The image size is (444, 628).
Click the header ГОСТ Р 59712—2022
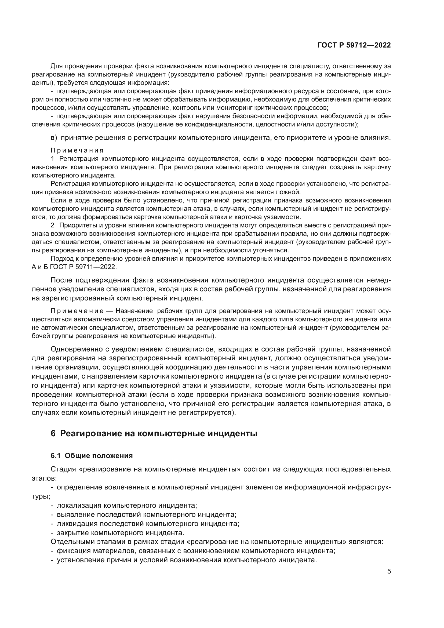[354, 45]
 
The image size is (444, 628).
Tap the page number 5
[389, 571]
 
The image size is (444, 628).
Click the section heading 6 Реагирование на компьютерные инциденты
[154, 434]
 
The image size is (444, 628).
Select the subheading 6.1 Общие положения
[92, 455]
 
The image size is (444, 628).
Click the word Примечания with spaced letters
[77, 150]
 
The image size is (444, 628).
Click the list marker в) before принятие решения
[54, 137]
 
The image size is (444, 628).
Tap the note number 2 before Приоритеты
[53, 225]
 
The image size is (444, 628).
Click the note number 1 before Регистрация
[53, 159]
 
